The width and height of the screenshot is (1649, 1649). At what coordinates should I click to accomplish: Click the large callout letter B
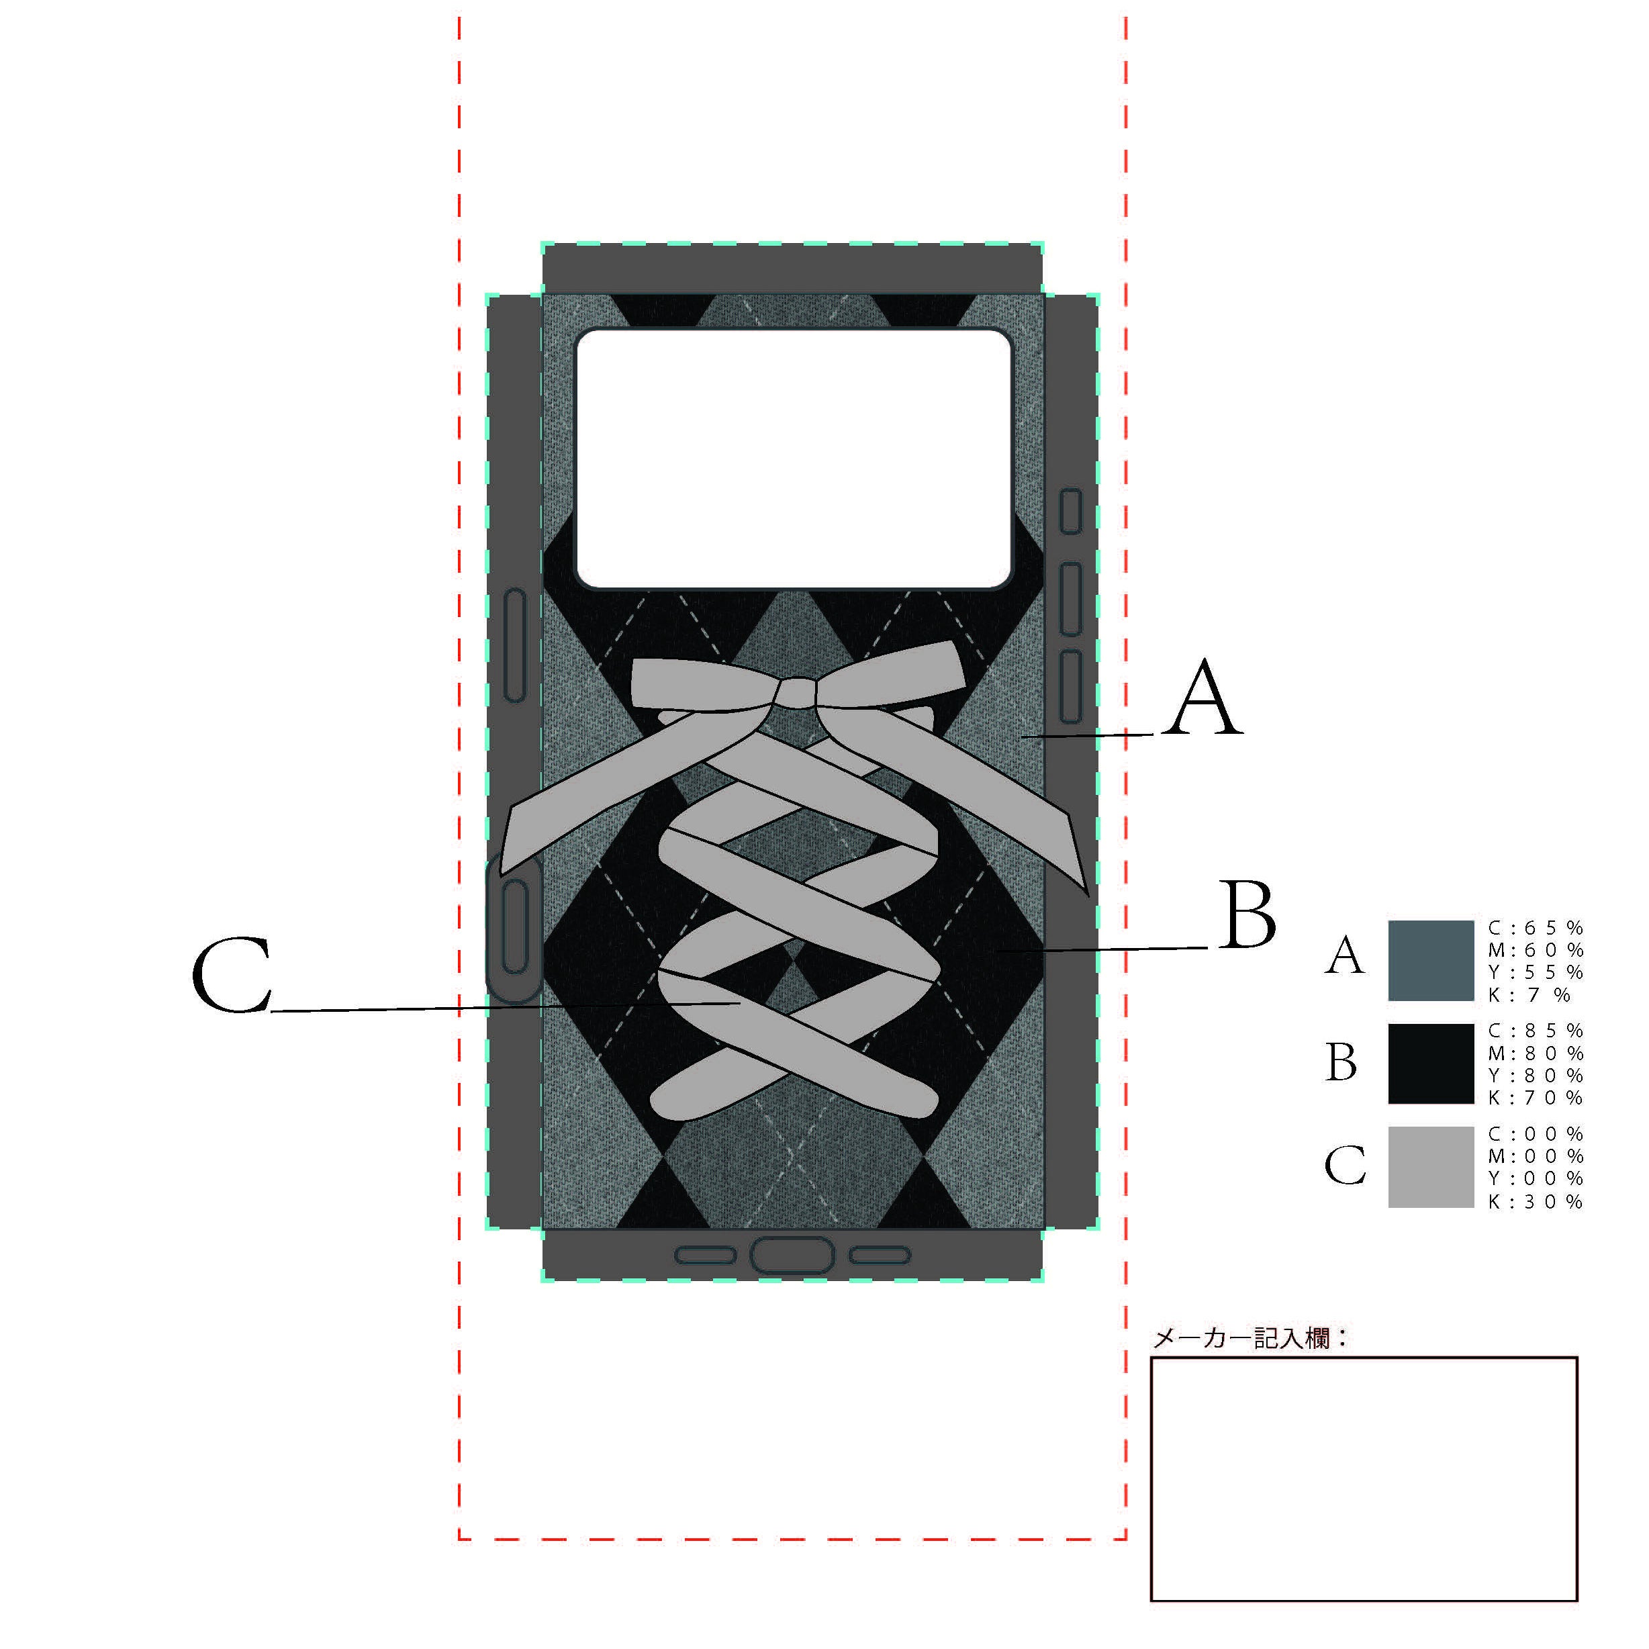point(1248,915)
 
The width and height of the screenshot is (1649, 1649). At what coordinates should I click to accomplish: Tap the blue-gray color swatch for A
point(1431,960)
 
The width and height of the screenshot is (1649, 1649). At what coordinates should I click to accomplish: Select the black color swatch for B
point(1431,1064)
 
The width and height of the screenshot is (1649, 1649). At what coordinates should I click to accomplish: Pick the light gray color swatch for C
point(1431,1167)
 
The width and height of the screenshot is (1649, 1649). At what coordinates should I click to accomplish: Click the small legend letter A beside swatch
point(1344,956)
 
